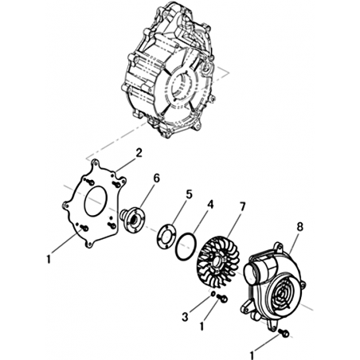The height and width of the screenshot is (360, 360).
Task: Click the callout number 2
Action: pos(139,154)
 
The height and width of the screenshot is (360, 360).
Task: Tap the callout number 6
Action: pos(157,178)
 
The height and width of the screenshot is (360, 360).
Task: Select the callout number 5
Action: pos(189,194)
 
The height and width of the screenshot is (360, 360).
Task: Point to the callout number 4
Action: pos(210,205)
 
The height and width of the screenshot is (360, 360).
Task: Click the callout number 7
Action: pos(243,207)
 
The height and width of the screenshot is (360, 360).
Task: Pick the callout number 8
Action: pos(299,227)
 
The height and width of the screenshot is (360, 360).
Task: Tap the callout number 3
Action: pos(185,316)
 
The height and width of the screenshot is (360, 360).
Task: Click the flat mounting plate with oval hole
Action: pos(94,203)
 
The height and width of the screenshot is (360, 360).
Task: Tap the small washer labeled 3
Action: pos(213,294)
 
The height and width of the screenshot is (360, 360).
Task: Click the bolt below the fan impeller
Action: pos(222,298)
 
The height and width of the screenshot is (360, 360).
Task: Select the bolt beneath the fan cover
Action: pos(284,333)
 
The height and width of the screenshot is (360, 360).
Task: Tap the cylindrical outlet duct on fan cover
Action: pos(254,273)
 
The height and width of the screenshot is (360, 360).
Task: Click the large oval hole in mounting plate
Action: pos(96,202)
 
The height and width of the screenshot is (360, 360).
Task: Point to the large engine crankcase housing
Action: pos(168,70)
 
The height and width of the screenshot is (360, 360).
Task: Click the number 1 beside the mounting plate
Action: pos(49,259)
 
